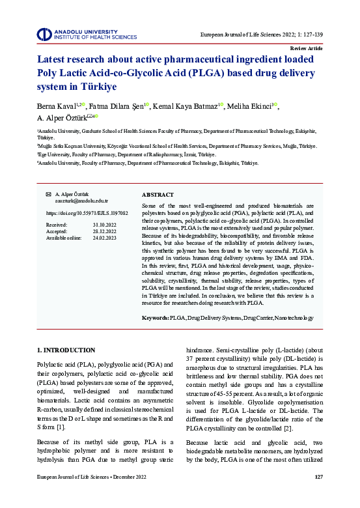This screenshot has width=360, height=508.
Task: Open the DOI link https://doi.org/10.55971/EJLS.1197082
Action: pyautogui.click(x=87, y=213)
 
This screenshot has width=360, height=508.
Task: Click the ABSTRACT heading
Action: pyautogui.click(x=158, y=195)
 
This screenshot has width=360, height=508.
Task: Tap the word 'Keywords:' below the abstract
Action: pyautogui.click(x=155, y=317)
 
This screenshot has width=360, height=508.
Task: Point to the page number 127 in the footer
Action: pyautogui.click(x=318, y=495)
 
